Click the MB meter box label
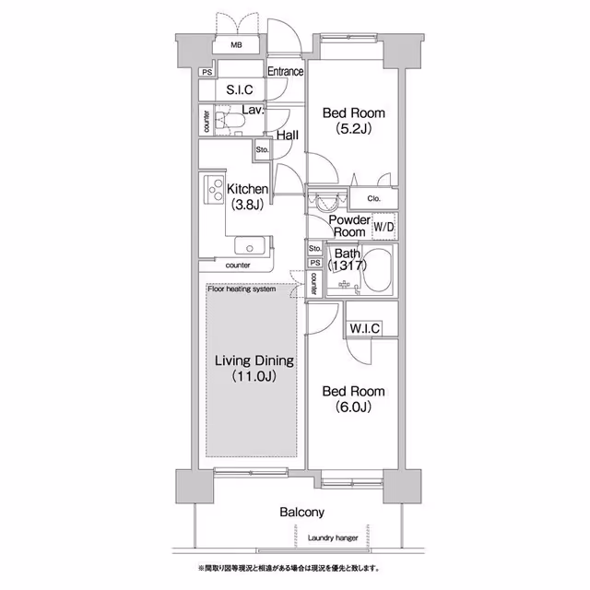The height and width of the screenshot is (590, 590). pos(236,45)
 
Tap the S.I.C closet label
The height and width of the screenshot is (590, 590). pos(240,89)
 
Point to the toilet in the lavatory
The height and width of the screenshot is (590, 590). pos(230,121)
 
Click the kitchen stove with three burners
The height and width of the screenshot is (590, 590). pos(214,190)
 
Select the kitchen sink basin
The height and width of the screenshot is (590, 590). pos(250,246)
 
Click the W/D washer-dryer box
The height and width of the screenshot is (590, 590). pos(383,227)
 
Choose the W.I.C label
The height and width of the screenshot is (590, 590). pos(365,328)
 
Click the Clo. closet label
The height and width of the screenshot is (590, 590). pos(374,198)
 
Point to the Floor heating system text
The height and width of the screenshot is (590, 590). pos(242,289)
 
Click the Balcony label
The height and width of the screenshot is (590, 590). pos(301,513)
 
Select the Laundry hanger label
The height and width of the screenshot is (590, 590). pos(333,538)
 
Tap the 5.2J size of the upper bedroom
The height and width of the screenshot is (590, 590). pos(354,129)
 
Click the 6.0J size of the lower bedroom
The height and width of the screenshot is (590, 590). pos(353,407)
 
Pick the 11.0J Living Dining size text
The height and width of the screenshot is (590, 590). pos(254,376)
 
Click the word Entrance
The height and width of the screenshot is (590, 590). pos(285,71)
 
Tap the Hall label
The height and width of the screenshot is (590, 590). pos(288,136)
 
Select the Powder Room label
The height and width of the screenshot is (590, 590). pos(349,226)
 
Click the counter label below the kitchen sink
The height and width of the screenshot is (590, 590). pos(238,265)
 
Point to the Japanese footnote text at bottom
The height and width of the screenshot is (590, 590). pos(289,568)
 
